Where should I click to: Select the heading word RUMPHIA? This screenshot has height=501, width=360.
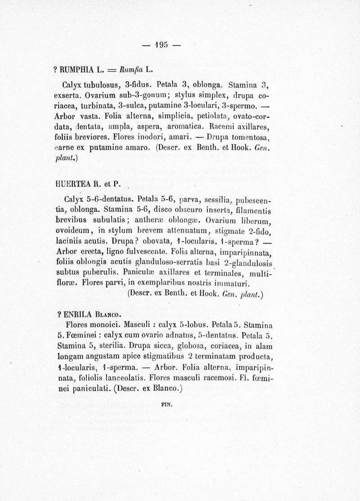(74, 70)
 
